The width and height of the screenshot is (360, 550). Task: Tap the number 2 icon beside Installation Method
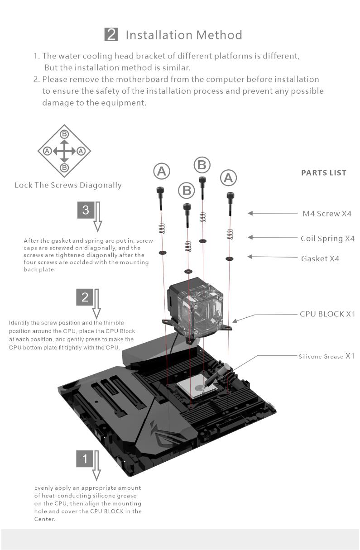click(x=111, y=34)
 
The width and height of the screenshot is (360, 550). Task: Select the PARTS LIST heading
click(x=323, y=172)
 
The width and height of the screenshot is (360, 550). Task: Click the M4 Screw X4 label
click(x=326, y=213)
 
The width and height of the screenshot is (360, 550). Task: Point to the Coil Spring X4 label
click(x=327, y=238)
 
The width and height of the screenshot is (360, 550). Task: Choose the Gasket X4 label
click(x=320, y=258)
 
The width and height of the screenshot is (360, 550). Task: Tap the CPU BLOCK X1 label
click(x=327, y=314)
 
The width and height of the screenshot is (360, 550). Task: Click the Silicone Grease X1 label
click(x=326, y=356)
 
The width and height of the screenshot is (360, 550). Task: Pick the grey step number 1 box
click(x=85, y=459)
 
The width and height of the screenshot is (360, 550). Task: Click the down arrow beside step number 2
click(x=96, y=304)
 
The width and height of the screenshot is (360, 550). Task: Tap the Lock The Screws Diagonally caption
click(x=68, y=185)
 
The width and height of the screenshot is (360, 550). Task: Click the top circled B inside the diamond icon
click(x=65, y=134)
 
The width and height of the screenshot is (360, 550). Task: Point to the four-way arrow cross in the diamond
click(x=65, y=151)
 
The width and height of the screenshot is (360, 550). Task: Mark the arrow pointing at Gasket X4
click(x=268, y=257)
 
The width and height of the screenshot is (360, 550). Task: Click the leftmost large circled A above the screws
click(x=162, y=171)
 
